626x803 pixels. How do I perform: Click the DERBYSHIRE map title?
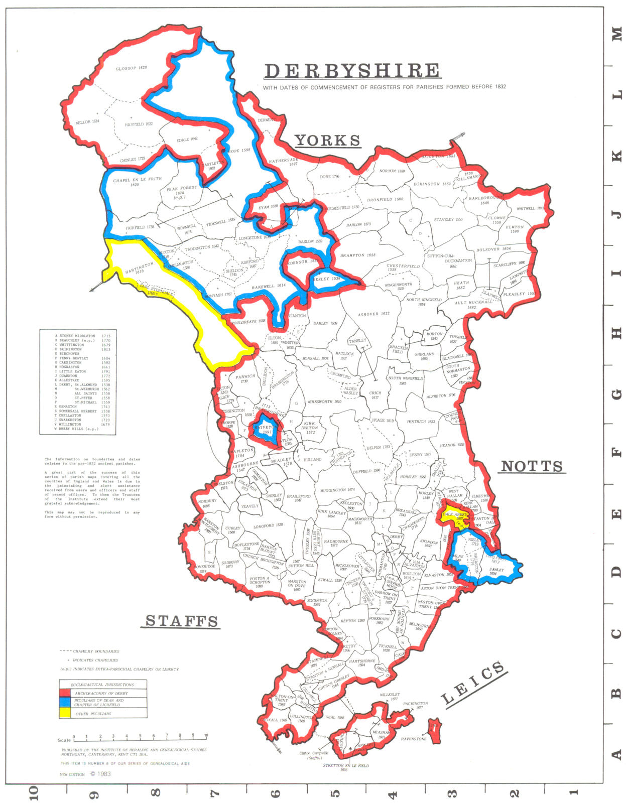(352, 71)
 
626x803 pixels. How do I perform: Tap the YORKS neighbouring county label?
(327, 141)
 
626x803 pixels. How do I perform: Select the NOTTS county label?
(532, 466)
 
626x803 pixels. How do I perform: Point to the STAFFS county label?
(182, 621)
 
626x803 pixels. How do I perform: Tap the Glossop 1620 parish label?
(132, 68)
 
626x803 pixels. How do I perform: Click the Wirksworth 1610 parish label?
(324, 401)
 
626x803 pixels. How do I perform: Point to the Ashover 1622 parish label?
(373, 314)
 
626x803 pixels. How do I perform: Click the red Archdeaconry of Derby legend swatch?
(64, 693)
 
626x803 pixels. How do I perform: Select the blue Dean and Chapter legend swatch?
(64, 703)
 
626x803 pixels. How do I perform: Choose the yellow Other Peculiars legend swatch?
(64, 713)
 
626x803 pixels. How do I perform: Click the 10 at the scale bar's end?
(206, 736)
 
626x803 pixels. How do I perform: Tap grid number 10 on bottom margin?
(34, 792)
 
